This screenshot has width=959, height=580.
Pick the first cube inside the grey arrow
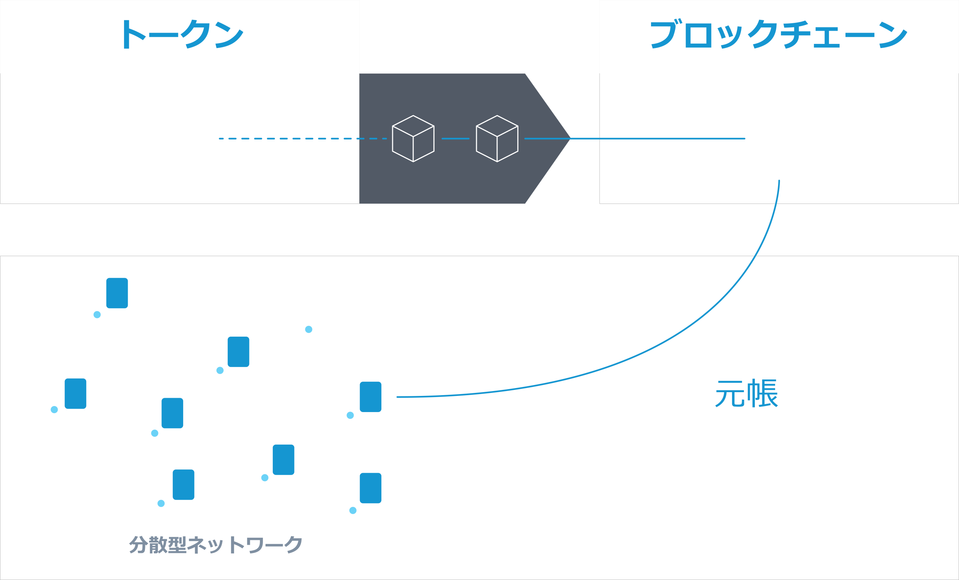coord(413,138)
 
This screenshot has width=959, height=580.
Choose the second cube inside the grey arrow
coord(497,138)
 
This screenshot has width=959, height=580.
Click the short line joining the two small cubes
coord(456,138)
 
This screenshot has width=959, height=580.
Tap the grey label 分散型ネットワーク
coord(215,544)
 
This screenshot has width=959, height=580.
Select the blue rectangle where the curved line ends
coord(370,397)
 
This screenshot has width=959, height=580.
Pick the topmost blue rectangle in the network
coord(117,293)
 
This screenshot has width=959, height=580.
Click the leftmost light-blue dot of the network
coord(54,409)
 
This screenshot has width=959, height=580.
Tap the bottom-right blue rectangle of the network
coord(370,488)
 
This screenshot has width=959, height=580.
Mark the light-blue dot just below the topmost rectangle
coord(97,315)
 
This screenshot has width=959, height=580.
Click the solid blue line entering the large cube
coord(662,138)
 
